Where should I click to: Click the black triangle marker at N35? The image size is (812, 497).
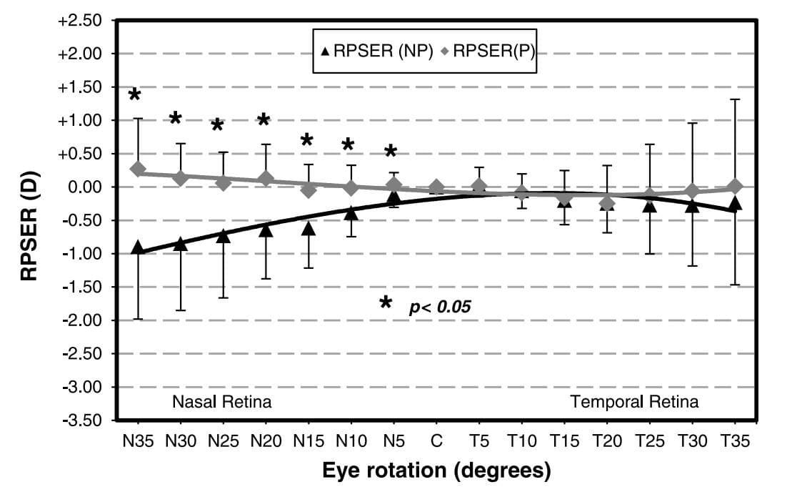point(138,247)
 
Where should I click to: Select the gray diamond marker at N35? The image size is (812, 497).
point(138,169)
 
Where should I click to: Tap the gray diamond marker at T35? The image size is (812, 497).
point(734,187)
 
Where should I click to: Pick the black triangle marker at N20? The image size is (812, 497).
point(266,230)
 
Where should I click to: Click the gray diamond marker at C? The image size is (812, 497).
point(436,188)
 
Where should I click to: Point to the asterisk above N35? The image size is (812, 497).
point(135,96)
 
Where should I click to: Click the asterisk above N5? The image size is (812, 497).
point(391,152)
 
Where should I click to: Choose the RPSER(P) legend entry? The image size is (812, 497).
point(488,51)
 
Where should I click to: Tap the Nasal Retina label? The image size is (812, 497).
point(221,402)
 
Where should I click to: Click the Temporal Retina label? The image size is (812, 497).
point(634,402)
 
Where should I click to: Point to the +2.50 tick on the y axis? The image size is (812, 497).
point(81,21)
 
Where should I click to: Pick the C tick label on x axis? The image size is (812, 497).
point(436,441)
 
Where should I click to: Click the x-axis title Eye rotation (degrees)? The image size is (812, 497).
point(436,471)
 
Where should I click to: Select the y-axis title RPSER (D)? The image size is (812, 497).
point(28,220)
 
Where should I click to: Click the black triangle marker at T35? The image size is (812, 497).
point(734,205)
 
